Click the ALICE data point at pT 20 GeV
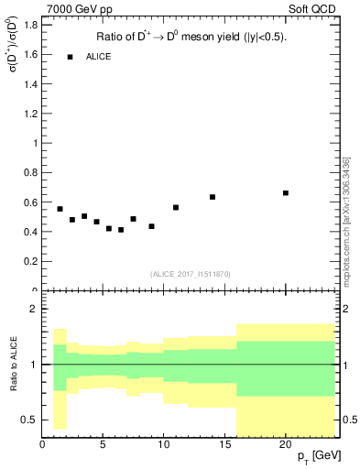[x=286, y=193]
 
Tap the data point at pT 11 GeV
[x=176, y=207]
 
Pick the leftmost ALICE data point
[x=60, y=209]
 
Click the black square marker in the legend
[x=70, y=57]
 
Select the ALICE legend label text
[x=98, y=57]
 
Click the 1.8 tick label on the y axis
[x=29, y=25]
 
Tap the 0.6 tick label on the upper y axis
[x=29, y=202]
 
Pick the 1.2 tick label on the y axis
[x=29, y=114]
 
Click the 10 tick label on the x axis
[x=164, y=444]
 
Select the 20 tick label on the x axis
[x=286, y=444]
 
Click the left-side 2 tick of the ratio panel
[x=34, y=310]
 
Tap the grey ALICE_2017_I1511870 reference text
[x=190, y=274]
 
